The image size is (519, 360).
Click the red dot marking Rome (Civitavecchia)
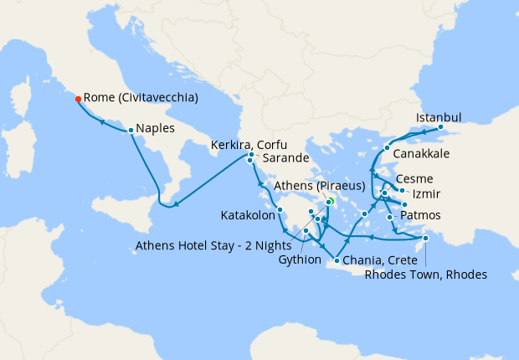click(78, 98)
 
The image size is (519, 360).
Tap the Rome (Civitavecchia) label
click(141, 98)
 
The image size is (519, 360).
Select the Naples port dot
click(131, 130)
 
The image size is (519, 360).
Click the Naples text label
click(155, 130)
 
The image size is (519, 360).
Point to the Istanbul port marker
click(440, 127)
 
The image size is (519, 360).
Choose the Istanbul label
click(439, 116)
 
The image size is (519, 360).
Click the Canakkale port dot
click(386, 148)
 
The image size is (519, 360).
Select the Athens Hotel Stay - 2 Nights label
click(213, 245)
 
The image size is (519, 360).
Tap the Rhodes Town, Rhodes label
click(426, 275)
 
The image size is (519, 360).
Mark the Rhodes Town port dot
click(425, 239)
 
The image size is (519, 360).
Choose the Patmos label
click(421, 217)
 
